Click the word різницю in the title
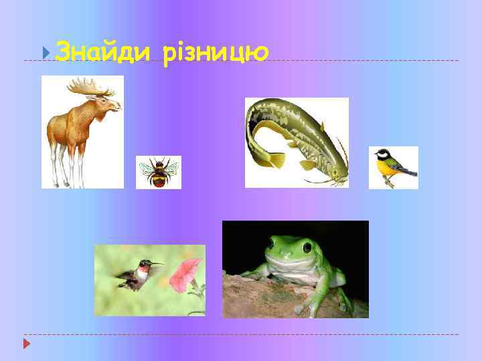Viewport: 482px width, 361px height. (x=215, y=51)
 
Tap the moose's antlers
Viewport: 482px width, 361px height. (x=94, y=86)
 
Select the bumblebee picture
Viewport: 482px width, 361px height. (x=159, y=172)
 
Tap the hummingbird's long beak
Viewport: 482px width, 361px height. (x=154, y=263)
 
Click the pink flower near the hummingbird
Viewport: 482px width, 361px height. (x=184, y=274)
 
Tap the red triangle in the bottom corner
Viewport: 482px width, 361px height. (x=26, y=344)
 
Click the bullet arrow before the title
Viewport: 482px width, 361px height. (x=45, y=51)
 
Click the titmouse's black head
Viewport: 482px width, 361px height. (x=383, y=156)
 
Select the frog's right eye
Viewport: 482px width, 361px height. (x=312, y=245)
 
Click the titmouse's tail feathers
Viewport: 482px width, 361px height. (x=410, y=173)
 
